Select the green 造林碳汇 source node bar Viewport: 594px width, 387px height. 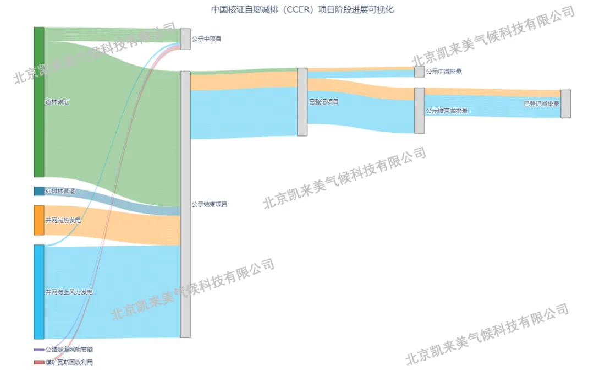tap(38, 102)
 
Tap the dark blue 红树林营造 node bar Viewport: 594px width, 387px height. tap(38, 191)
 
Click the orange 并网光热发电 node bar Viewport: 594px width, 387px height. tap(38, 220)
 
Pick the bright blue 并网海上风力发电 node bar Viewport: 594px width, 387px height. tap(38, 292)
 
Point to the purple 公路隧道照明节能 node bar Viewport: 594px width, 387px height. tap(38, 350)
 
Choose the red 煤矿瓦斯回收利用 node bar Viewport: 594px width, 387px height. tap(38, 362)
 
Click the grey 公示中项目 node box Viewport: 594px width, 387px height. tap(185, 39)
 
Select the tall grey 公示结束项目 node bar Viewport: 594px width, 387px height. tap(185, 204)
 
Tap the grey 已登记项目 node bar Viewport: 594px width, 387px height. tap(302, 102)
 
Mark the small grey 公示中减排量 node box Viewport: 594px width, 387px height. tap(419, 72)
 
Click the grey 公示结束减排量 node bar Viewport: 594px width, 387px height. tap(419, 111)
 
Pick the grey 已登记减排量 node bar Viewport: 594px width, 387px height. tap(565, 104)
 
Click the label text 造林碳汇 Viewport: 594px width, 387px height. tap(57, 102)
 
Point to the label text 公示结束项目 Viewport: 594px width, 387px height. tap(210, 204)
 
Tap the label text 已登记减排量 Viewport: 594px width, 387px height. tap(541, 104)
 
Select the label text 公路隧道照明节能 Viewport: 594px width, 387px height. tap(69, 350)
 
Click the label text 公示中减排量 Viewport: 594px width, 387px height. tap(444, 72)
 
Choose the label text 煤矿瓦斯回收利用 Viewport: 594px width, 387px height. tap(69, 362)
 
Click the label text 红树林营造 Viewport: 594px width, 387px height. tap(60, 191)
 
